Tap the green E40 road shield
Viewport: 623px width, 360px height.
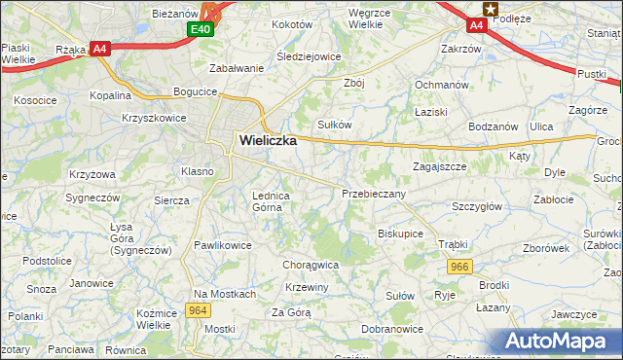(201, 29)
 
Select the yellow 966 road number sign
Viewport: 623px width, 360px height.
(460, 266)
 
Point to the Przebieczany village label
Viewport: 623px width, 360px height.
(373, 195)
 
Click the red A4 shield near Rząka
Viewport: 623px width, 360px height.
(98, 48)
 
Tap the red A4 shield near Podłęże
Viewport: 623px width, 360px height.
(477, 25)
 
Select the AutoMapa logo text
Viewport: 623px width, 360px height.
(561, 341)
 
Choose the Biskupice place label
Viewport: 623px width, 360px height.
(400, 234)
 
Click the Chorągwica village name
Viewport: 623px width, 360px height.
(311, 264)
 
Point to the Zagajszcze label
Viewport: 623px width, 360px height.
(439, 166)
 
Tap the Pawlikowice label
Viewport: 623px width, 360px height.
(223, 245)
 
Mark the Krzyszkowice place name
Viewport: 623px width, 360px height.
(154, 117)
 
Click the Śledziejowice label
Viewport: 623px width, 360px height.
(309, 56)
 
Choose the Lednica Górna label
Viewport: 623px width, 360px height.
(272, 200)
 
